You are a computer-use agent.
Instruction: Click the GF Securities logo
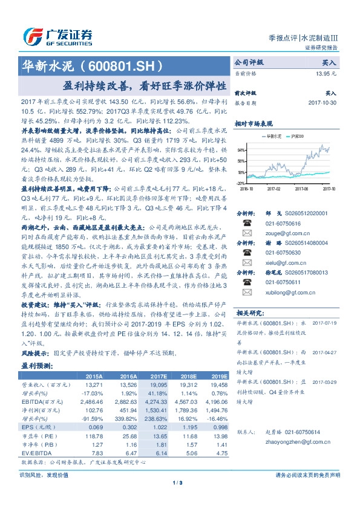pyautogui.click(x=57, y=36)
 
